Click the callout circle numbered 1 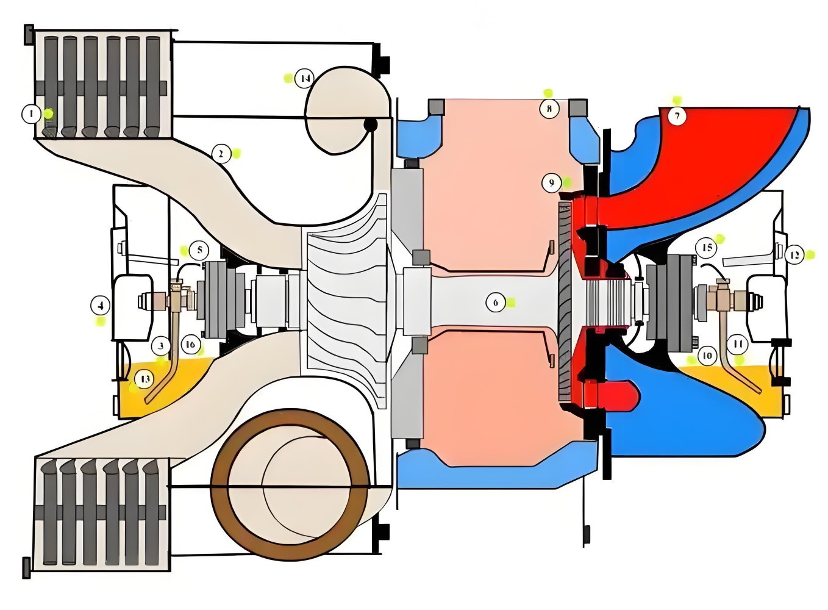(x=31, y=113)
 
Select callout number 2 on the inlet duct (x=221, y=154)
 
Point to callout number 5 (x=199, y=250)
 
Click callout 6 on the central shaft (x=495, y=302)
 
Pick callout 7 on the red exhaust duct (x=677, y=115)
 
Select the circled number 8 (x=549, y=109)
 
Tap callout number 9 (x=551, y=182)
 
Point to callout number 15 (x=707, y=248)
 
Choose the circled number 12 (x=794, y=255)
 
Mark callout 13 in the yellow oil (x=145, y=379)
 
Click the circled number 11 (x=738, y=344)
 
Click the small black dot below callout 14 (x=369, y=125)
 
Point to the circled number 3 (x=161, y=346)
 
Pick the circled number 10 (x=707, y=356)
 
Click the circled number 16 (x=190, y=345)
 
